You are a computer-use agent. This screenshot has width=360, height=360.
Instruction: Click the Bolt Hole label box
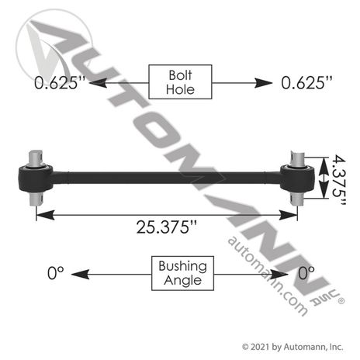180,82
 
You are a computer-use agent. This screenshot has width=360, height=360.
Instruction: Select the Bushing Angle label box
182,273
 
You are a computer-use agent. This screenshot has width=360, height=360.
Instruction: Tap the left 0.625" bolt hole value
60,83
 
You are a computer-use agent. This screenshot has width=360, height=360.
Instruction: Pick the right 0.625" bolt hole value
306,83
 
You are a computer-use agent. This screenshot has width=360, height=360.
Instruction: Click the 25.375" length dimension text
167,227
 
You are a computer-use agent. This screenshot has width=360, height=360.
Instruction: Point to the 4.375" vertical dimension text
338,180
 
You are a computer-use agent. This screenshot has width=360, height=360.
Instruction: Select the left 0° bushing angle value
56,273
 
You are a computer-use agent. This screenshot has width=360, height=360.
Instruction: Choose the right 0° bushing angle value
306,273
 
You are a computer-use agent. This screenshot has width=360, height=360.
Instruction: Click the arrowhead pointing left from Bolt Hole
98,83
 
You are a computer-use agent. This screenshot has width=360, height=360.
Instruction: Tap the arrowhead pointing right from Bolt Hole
264,83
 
